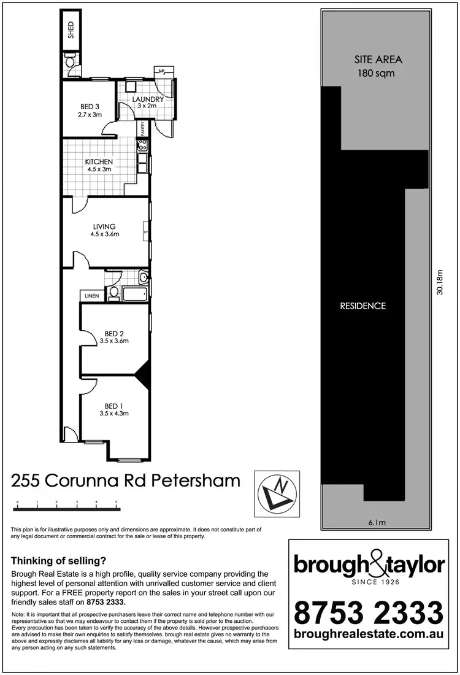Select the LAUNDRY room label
147,99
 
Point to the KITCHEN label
99,162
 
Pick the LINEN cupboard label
92,296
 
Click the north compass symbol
278,491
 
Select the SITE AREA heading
378,60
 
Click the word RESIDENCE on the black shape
363,306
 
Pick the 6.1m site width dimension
376,523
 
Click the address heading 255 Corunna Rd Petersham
126,480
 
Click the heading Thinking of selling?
59,560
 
